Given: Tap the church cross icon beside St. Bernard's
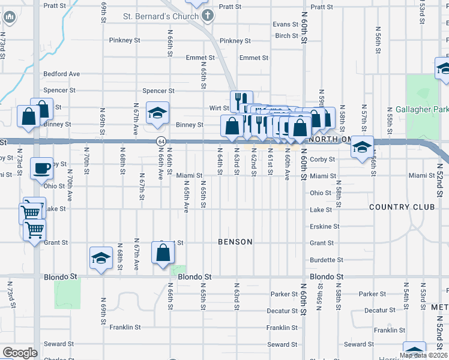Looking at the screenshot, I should coord(207,16).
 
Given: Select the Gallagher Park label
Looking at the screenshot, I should coord(422,110).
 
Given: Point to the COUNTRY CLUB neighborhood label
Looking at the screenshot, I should coord(402,207).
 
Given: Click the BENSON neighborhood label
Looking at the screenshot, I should coord(235,242).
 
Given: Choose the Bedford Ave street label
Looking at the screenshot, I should coord(61,74).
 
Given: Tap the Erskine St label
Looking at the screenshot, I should coord(325,227).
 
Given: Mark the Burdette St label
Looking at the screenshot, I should coord(327,260).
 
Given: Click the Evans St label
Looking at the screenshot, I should coord(285,25).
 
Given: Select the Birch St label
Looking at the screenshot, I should coord(287,36).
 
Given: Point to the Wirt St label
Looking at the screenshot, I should coord(218,109).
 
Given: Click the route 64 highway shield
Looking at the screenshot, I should coord(161,141).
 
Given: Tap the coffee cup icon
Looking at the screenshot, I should coord(41,168).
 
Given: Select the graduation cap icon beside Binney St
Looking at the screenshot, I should coord(157,113).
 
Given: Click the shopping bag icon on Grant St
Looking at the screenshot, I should coord(163,253).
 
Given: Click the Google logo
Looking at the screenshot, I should coord(20,353).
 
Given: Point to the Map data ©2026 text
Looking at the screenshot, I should coord(423,355).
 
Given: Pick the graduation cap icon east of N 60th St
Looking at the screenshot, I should coord(363,147).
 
